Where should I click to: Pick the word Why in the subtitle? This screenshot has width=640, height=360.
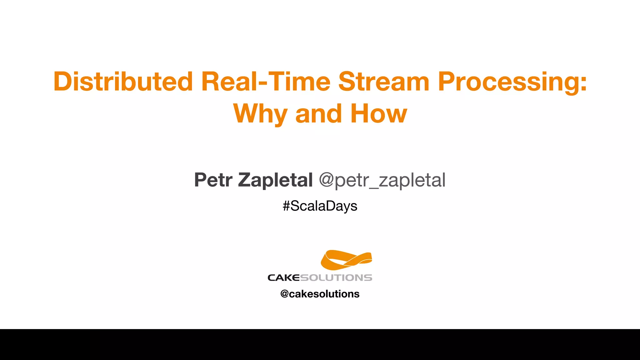[260, 114]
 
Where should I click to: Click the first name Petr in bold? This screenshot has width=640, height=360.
[213, 180]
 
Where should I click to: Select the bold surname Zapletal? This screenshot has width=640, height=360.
[275, 180]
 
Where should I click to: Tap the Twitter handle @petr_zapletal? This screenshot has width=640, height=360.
[382, 180]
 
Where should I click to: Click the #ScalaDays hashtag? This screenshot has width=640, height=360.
[320, 206]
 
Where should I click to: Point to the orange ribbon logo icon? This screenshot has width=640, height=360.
[346, 260]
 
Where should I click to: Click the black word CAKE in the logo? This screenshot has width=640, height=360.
[283, 277]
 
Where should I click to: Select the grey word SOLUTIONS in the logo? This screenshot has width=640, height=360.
[336, 277]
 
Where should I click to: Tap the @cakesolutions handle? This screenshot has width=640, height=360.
[320, 294]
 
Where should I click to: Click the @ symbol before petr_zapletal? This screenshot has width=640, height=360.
[326, 180]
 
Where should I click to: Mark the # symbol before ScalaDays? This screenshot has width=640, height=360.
[286, 206]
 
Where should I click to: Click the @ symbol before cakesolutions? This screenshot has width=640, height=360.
[284, 294]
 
